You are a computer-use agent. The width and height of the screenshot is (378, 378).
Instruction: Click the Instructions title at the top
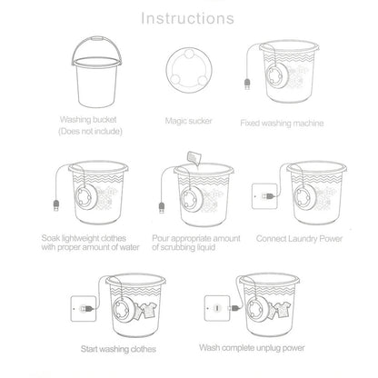click(188, 17)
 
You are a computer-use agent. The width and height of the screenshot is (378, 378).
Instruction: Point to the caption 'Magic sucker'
click(190, 119)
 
